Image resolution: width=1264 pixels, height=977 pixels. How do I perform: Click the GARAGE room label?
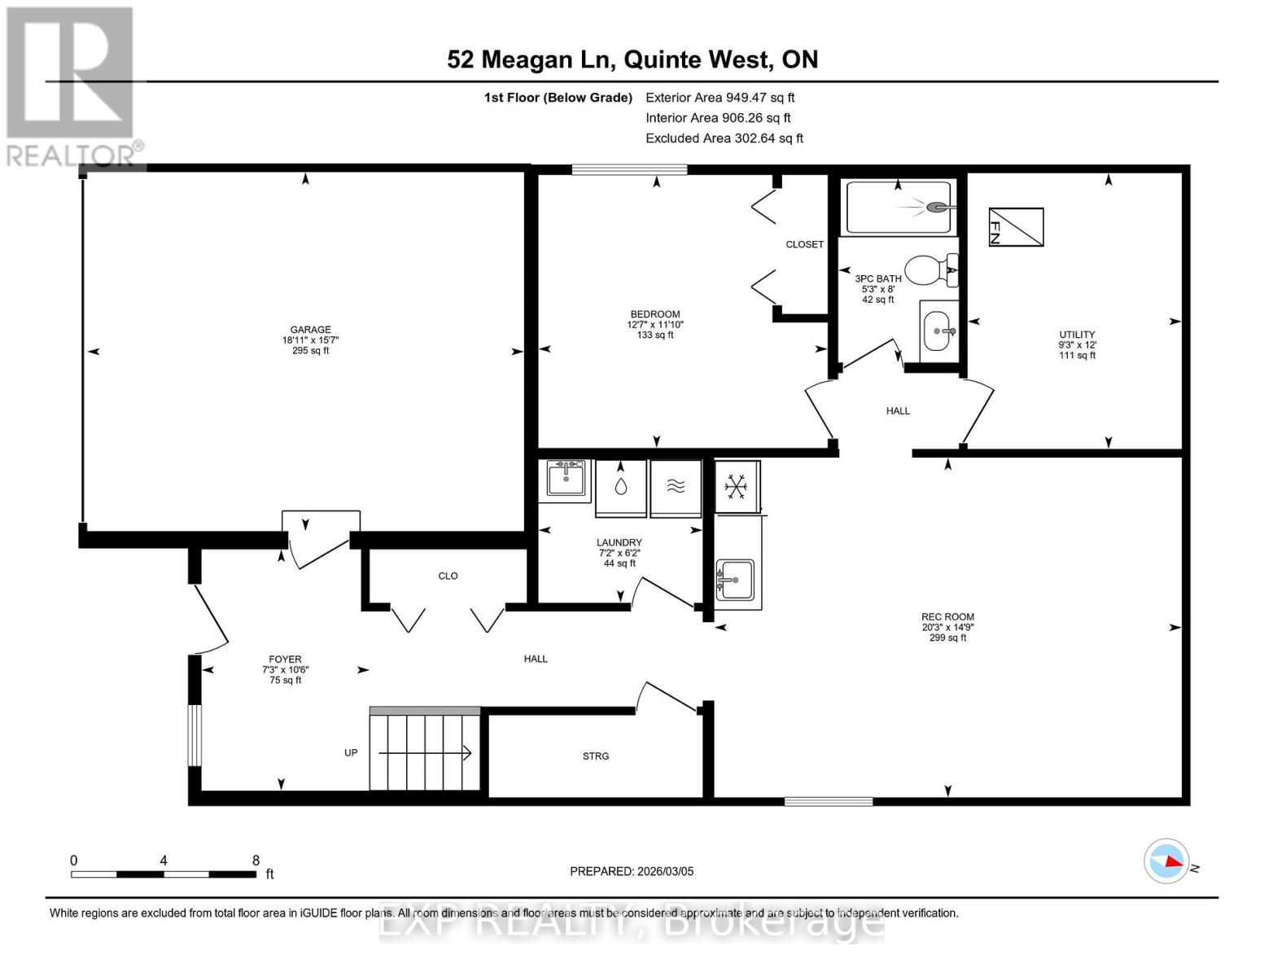(x=310, y=330)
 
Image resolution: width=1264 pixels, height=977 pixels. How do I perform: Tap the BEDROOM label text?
(x=655, y=314)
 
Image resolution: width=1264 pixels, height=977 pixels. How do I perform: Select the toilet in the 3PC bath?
(x=930, y=269)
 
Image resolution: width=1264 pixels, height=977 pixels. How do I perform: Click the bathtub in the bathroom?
(x=899, y=207)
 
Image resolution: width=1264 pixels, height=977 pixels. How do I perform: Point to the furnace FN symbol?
(x=1016, y=227)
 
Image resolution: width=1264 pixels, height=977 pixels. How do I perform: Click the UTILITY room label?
(x=1077, y=335)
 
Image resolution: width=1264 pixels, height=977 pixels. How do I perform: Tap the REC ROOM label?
(x=947, y=617)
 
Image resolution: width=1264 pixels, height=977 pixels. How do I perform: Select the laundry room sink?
(x=566, y=478)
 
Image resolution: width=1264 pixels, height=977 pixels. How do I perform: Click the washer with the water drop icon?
(x=621, y=488)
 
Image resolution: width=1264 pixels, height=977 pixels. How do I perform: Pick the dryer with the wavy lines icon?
(x=676, y=488)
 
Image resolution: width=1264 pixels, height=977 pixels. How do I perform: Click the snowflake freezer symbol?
(x=737, y=487)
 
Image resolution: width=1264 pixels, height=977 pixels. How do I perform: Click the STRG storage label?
(x=596, y=756)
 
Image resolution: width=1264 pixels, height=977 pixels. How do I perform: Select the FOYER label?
(x=285, y=659)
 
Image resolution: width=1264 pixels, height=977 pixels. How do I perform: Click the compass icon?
(x=1166, y=861)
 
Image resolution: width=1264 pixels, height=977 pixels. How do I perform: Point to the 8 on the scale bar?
(x=256, y=861)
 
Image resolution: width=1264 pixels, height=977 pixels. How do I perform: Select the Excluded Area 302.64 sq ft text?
(x=724, y=138)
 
